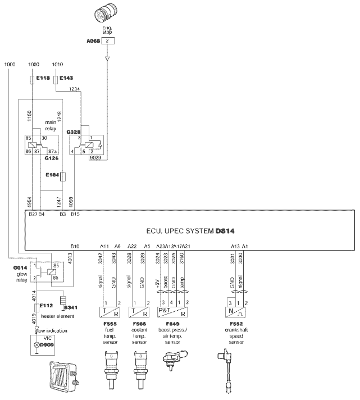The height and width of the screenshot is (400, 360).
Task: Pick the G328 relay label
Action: coord(74,132)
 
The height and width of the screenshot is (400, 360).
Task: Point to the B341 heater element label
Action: coord(71,308)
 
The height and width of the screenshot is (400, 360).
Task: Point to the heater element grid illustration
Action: coord(62,376)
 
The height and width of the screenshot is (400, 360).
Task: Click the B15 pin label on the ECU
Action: coord(75,214)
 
